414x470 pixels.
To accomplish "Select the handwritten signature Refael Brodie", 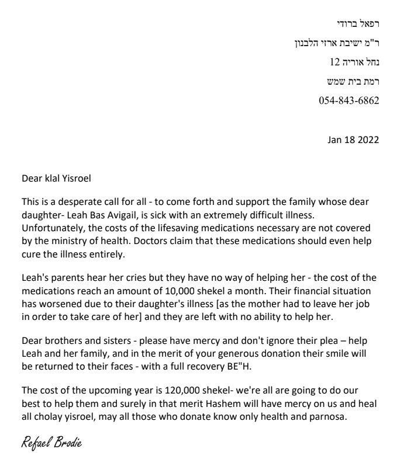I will (x=51, y=443).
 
